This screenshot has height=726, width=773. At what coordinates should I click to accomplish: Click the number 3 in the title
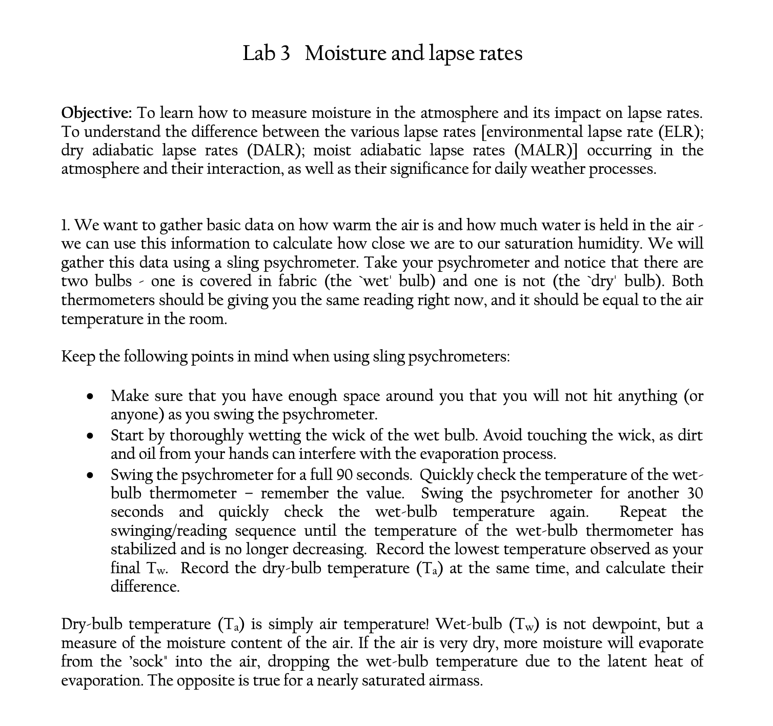pyautogui.click(x=284, y=53)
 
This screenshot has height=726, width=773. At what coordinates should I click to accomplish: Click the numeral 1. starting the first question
pyautogui.click(x=66, y=225)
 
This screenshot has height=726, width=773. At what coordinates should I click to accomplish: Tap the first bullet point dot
pyautogui.click(x=90, y=397)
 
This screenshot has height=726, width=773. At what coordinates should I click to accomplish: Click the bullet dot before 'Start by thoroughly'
pyautogui.click(x=90, y=436)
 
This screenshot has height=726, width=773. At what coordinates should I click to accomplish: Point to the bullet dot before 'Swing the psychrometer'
pyautogui.click(x=90, y=475)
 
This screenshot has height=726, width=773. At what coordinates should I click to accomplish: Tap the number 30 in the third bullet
pyautogui.click(x=693, y=493)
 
